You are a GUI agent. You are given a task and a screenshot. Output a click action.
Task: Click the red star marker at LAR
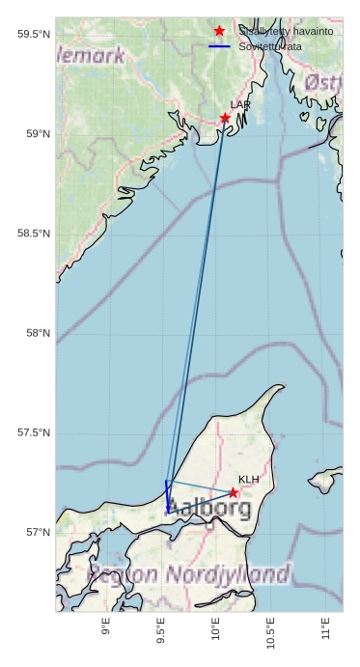(x=225, y=118)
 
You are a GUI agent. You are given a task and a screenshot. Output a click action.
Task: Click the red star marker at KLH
(x=234, y=492)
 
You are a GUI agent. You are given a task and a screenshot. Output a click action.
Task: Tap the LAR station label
(x=240, y=104)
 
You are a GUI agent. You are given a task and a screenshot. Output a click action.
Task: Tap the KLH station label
(x=249, y=480)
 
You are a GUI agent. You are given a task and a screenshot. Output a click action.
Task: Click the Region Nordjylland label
(x=188, y=575)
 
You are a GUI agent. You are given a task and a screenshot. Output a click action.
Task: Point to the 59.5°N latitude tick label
(x=33, y=35)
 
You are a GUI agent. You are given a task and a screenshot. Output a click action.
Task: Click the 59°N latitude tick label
(x=36, y=134)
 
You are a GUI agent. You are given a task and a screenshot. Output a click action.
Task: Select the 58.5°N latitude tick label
(x=33, y=234)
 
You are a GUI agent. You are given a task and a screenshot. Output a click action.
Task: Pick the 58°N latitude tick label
(x=36, y=333)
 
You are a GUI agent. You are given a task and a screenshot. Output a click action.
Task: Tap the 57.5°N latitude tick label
(x=33, y=432)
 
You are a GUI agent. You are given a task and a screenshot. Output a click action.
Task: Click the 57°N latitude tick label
(x=36, y=532)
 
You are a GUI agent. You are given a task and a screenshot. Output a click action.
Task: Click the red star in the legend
(x=220, y=31)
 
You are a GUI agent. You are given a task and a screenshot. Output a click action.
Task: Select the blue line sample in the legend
(x=220, y=46)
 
